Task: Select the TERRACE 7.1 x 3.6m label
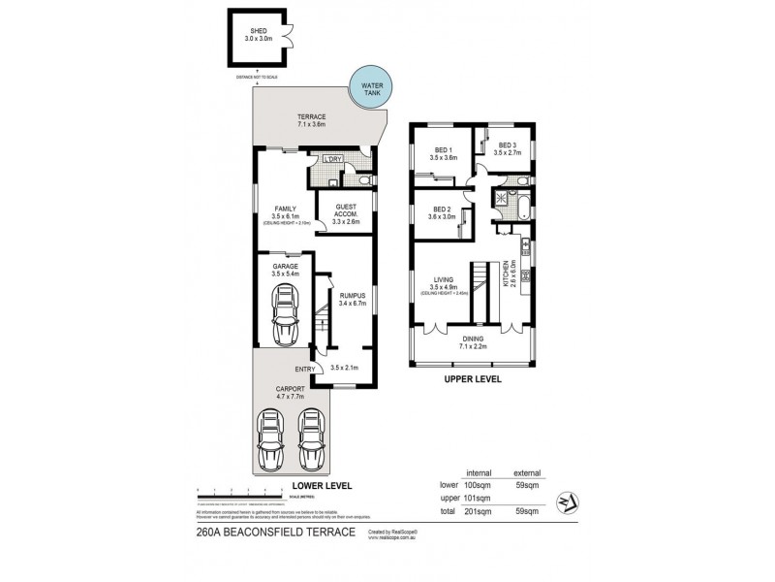pyautogui.click(x=312, y=120)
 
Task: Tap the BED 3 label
pyautogui.click(x=508, y=148)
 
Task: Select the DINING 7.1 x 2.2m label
pyautogui.click(x=473, y=341)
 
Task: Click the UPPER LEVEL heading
pyautogui.click(x=473, y=379)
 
